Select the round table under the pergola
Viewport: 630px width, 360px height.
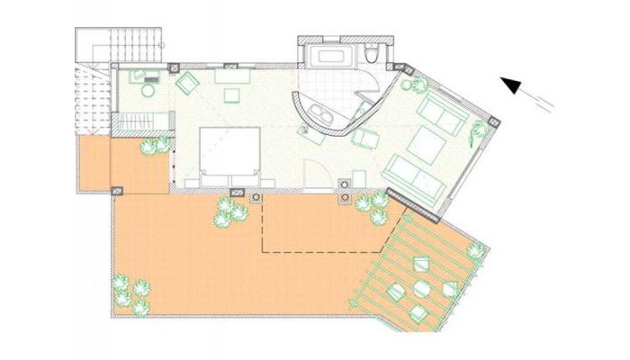pos(423,289)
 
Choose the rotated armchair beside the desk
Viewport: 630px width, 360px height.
pos(186,84)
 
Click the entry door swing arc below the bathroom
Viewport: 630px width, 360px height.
pos(313,171)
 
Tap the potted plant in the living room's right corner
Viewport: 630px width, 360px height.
pos(477,130)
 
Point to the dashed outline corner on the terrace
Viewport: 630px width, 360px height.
pos(262,250)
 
